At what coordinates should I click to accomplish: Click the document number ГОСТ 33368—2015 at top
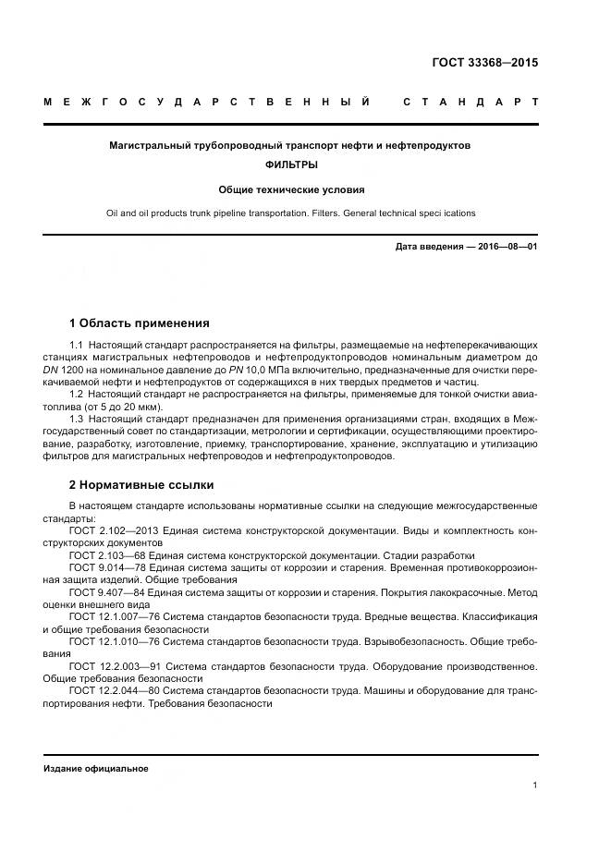[484, 64]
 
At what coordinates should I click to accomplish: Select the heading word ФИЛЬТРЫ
[291, 164]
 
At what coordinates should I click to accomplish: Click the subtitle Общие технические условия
[291, 189]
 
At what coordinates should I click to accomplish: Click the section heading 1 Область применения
[139, 323]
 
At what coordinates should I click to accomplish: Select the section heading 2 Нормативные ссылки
[141, 483]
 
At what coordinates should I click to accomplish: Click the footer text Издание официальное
[96, 769]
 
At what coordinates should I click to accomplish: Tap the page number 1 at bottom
[534, 785]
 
